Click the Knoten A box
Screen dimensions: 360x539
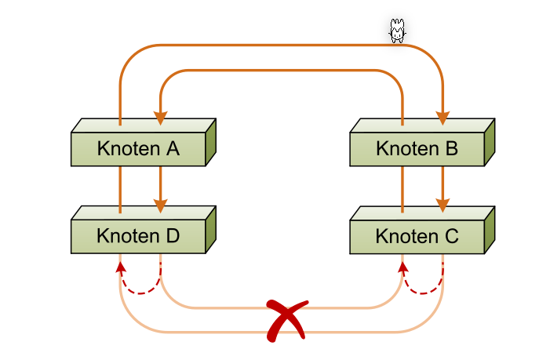pos(138,149)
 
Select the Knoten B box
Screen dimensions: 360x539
pos(417,149)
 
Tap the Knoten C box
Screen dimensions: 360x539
pos(417,236)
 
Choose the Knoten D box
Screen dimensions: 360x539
pos(138,236)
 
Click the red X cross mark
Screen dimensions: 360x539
pos(286,321)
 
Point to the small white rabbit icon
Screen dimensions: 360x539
pos(398,31)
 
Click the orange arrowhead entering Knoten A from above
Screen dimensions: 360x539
pos(160,118)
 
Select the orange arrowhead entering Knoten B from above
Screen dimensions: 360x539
pos(442,118)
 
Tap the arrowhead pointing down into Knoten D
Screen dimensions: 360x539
pos(160,205)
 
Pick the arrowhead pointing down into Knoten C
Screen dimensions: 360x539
pos(442,205)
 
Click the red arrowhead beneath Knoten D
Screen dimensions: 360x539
pos(120,267)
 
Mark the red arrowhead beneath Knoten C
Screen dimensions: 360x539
pos(402,267)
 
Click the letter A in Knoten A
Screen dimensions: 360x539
pos(173,149)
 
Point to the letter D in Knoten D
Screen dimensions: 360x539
pos(173,236)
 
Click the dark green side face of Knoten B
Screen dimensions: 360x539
pos(489,143)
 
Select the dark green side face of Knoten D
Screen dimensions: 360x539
pos(210,230)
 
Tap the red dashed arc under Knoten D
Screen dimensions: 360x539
pos(141,293)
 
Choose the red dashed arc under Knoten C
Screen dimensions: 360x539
pos(424,293)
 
